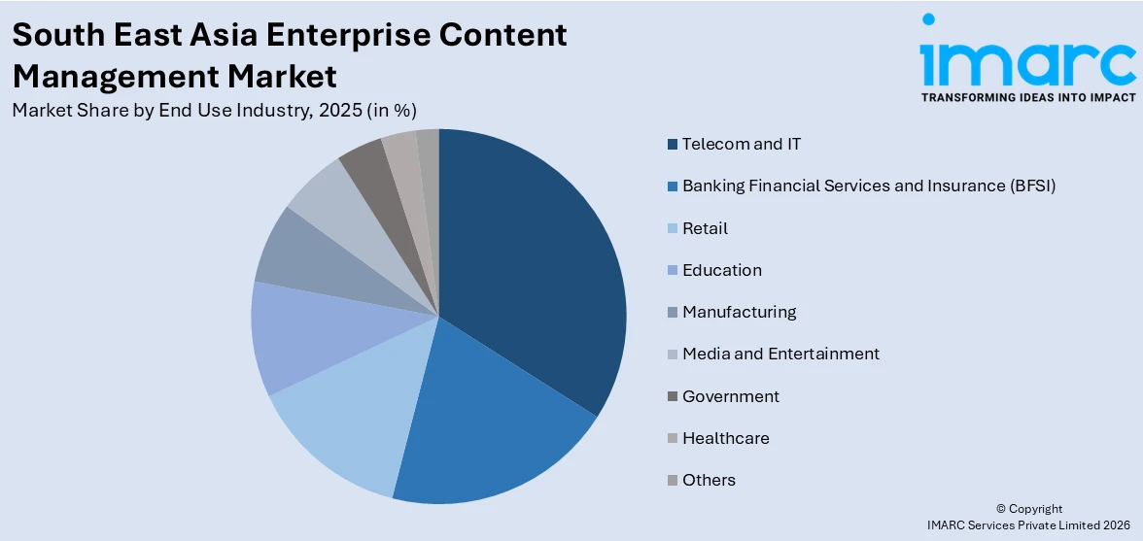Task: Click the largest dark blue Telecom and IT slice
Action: tap(530, 272)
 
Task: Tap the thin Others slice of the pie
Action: tap(429, 151)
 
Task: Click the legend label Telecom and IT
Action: tap(742, 144)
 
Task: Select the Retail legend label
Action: tap(705, 228)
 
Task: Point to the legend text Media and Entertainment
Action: tap(780, 354)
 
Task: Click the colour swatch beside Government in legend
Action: tap(672, 396)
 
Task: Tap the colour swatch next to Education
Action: tap(672, 271)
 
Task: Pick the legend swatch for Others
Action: tap(672, 481)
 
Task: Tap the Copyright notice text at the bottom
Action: tap(1028, 509)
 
